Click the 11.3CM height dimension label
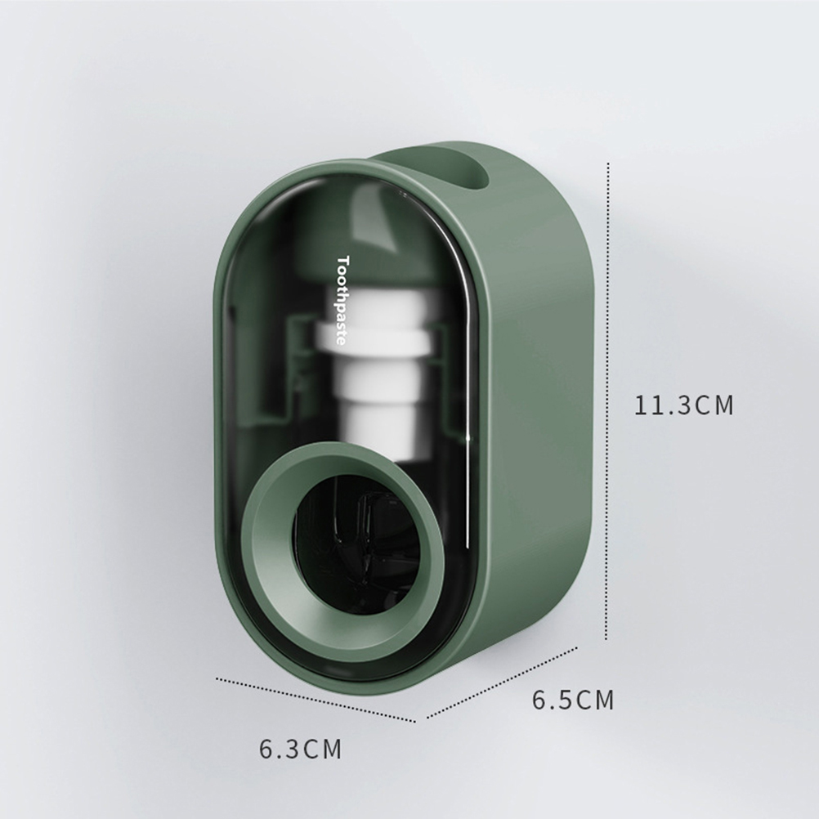click(684, 405)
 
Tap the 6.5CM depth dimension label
click(573, 700)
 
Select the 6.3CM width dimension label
click(300, 749)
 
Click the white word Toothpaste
click(342, 300)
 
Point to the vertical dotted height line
click(607, 401)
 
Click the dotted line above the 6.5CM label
click(502, 682)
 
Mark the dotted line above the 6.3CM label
click(316, 700)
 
